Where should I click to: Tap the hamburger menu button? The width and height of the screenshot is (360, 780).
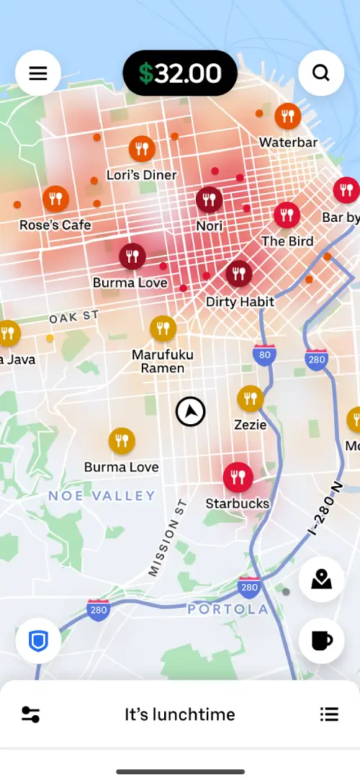38,73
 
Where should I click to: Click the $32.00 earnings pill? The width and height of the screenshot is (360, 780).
180,73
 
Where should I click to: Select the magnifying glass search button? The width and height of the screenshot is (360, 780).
321,73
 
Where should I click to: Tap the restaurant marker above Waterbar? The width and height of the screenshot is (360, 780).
288,116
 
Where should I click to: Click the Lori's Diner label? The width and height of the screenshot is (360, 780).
141,175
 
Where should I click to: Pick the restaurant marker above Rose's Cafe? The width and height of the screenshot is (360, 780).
55,198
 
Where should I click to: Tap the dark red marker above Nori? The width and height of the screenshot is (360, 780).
209,200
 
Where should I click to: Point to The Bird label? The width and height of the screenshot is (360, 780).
287,241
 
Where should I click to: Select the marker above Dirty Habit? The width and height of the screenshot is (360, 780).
239,274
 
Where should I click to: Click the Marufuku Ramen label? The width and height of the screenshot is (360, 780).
158,362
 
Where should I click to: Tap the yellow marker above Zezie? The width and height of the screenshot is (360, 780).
250,398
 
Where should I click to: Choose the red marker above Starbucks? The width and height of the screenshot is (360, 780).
237,477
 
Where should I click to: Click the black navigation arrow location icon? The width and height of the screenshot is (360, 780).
190,412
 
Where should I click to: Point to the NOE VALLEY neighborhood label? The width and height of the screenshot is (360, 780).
102,496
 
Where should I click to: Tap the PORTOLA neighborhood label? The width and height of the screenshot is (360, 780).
228,610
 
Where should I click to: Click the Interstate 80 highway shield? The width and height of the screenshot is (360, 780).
265,354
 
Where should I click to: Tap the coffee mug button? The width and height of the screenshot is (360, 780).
321,640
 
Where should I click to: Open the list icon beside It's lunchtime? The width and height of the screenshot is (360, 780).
329,714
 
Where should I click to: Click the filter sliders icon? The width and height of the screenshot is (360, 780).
31,714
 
